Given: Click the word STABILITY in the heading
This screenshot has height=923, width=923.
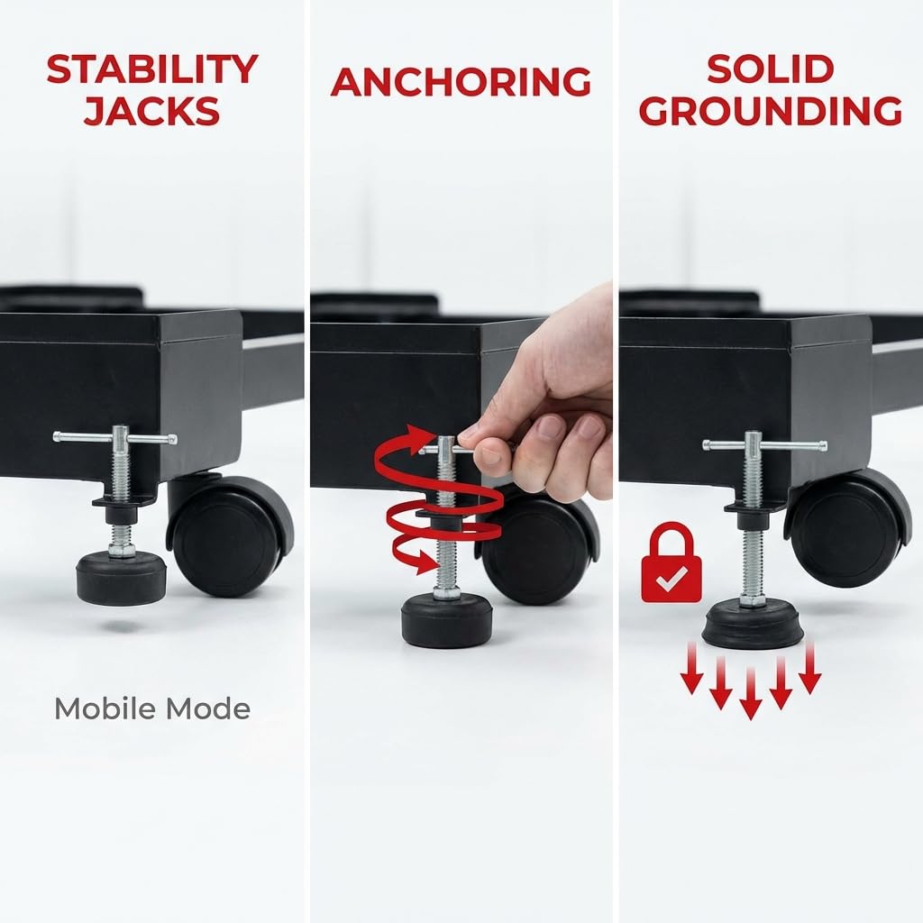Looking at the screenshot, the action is coord(152,69).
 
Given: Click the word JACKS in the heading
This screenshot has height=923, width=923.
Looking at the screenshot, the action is coord(151,111).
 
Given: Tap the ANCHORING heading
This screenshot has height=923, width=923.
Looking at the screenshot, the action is coord(461,82).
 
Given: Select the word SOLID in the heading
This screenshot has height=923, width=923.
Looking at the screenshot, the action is coord(771,69).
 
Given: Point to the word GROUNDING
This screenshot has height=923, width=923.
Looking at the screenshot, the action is coord(771,111).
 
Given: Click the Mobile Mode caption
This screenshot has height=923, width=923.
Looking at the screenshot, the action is coord(152,708).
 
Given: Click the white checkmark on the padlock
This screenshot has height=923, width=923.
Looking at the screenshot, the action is coord(671,579).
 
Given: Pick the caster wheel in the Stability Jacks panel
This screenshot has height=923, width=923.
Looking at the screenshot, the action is coord(230,535).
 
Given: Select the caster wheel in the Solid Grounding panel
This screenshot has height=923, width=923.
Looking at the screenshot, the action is coord(847,527).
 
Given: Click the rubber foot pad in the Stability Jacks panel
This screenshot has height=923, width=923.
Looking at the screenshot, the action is coord(122,577).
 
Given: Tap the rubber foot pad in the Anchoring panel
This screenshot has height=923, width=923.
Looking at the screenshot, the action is coord(447,620).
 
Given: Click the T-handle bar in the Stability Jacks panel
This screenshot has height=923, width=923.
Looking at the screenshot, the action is coord(114,437).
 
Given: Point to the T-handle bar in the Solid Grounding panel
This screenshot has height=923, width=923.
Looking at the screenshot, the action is coord(764,445).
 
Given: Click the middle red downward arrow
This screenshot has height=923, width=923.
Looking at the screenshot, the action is coord(751,693).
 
